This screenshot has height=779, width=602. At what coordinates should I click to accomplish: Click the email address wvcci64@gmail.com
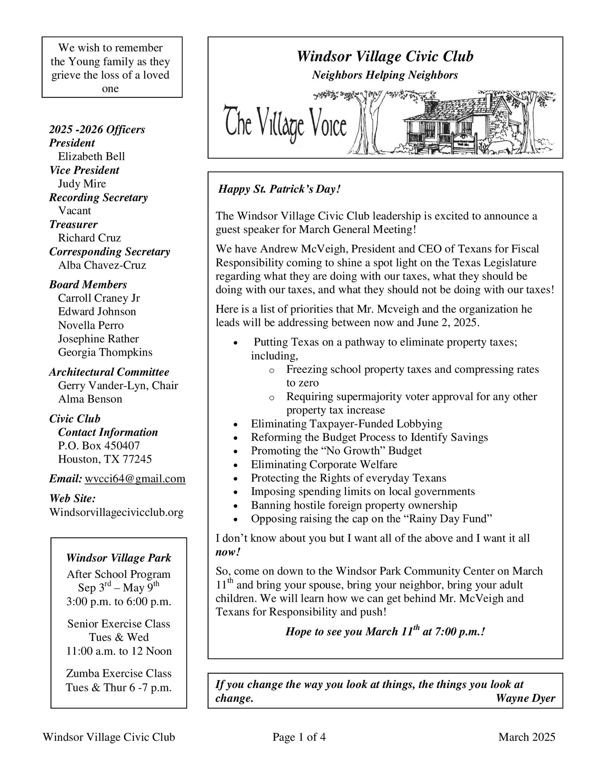click(135, 479)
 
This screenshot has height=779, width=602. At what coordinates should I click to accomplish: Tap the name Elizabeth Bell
click(91, 157)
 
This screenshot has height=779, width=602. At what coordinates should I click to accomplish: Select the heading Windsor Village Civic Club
click(385, 56)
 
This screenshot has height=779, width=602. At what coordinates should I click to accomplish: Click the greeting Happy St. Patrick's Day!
click(279, 189)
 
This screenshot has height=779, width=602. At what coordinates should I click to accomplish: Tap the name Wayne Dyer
click(525, 698)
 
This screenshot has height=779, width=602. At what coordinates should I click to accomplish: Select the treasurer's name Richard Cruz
click(89, 238)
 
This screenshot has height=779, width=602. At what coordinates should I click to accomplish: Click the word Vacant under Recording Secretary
click(75, 211)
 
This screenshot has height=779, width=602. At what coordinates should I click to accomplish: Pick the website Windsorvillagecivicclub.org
click(116, 512)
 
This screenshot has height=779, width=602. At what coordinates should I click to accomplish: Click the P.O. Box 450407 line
click(99, 445)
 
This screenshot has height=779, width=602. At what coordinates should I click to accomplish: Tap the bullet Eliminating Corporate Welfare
click(324, 464)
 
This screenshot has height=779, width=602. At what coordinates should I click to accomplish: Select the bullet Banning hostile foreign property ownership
click(354, 505)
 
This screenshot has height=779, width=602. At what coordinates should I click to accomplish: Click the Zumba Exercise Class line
click(118, 674)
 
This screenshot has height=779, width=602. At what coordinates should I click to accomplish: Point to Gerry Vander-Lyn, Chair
click(118, 385)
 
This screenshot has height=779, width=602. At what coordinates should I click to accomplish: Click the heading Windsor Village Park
click(118, 558)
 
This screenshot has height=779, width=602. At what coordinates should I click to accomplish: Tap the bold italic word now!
click(228, 552)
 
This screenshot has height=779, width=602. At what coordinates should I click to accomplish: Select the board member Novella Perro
click(90, 325)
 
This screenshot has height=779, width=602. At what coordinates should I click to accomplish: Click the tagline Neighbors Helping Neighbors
click(385, 75)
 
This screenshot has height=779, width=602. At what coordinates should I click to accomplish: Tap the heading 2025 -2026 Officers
click(97, 129)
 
